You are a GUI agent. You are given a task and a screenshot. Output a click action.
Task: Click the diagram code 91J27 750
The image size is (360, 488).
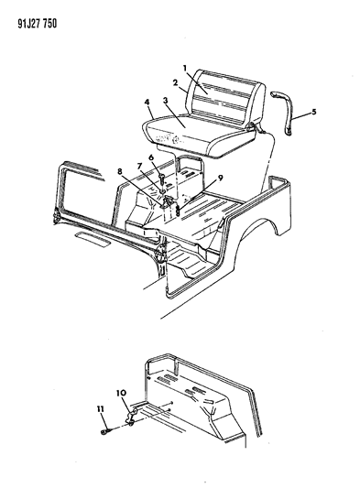point(37,24)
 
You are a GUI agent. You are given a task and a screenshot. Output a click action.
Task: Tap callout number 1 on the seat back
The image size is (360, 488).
point(185,68)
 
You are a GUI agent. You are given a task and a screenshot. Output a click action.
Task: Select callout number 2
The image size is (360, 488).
point(175,82)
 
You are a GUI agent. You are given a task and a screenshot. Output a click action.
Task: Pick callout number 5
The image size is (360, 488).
point(314,111)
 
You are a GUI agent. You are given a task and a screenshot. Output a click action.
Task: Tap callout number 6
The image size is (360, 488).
point(151,157)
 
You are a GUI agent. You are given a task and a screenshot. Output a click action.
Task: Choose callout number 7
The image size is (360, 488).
point(140,167)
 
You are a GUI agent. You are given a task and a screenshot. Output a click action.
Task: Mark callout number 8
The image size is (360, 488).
point(120,171)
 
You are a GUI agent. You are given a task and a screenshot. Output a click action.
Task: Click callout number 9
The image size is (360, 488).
point(220,179)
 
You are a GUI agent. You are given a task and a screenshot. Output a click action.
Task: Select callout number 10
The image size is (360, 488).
point(121,393)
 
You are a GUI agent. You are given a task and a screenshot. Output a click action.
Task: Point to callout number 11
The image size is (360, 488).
point(100,409)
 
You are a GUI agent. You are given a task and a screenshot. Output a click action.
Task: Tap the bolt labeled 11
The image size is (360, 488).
point(106,431)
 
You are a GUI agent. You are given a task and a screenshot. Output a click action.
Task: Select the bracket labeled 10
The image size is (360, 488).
point(132,417)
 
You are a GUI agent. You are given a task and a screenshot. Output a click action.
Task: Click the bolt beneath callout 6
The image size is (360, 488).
point(163,179)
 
